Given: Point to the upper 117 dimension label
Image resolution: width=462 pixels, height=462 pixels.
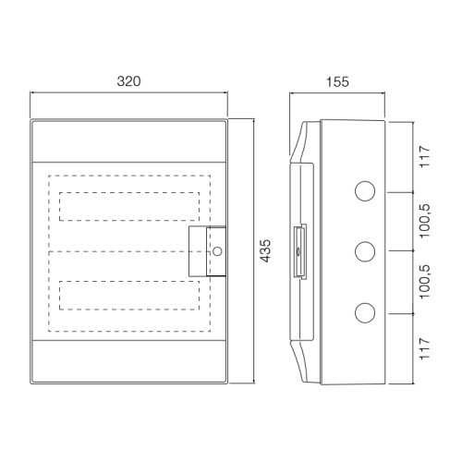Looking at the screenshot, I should (426, 155).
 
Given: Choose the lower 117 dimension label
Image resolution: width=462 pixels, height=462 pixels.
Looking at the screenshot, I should (426, 348).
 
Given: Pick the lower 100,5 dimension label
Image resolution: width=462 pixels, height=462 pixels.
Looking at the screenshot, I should (426, 282).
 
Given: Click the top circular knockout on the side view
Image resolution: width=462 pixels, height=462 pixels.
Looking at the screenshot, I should (364, 191).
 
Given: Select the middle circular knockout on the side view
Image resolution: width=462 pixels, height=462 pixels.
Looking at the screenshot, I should (364, 250).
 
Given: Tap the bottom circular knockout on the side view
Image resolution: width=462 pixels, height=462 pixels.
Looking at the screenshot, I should (364, 312).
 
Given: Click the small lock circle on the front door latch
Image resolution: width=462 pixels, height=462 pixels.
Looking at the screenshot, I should (218, 251).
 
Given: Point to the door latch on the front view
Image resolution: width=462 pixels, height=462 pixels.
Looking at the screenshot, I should (208, 250).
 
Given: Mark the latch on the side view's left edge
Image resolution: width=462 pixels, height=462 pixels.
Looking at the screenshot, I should (298, 250).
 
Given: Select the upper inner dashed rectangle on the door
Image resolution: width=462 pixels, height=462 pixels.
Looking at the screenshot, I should (128, 207).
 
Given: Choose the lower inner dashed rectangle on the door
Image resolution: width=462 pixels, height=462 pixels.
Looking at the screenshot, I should (128, 296).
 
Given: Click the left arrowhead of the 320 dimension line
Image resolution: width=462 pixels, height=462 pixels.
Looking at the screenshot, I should (33, 92).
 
